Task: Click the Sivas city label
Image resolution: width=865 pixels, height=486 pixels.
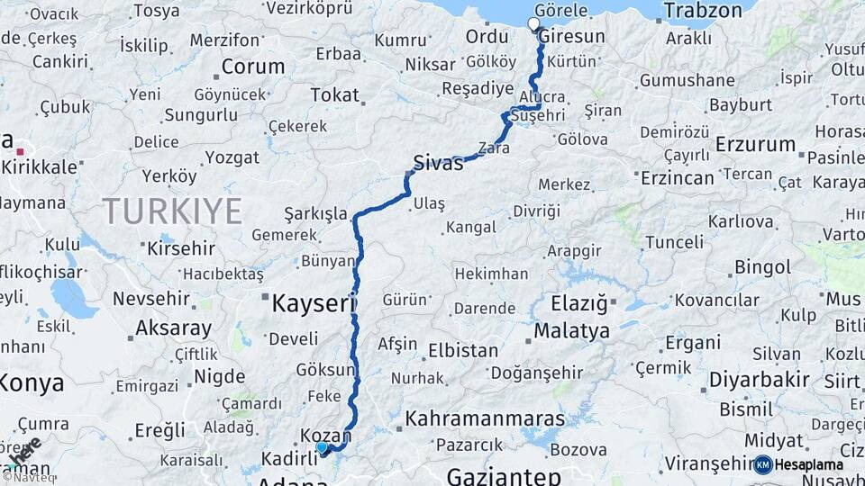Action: point(438,163)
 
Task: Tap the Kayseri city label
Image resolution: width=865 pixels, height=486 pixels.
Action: point(314,304)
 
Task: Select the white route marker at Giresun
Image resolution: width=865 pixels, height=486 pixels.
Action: point(533,24)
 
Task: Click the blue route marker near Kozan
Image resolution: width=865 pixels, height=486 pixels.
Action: point(322,446)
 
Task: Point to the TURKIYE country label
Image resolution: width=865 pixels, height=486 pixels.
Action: point(172,211)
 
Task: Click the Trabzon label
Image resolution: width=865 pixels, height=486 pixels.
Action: point(703,12)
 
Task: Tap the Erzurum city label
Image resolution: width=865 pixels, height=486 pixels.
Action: point(755,144)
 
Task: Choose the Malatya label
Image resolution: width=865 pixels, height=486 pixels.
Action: point(571,331)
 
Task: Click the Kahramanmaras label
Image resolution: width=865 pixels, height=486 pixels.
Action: point(478,418)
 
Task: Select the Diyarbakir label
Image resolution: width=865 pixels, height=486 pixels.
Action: point(759,380)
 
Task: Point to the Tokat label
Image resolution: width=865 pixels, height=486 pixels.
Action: point(334,94)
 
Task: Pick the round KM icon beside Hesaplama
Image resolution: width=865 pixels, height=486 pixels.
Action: point(762,464)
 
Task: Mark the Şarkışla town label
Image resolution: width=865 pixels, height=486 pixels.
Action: point(315,214)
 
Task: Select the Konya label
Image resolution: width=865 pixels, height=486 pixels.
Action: point(32,383)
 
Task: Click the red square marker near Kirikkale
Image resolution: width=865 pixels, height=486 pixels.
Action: point(20,139)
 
